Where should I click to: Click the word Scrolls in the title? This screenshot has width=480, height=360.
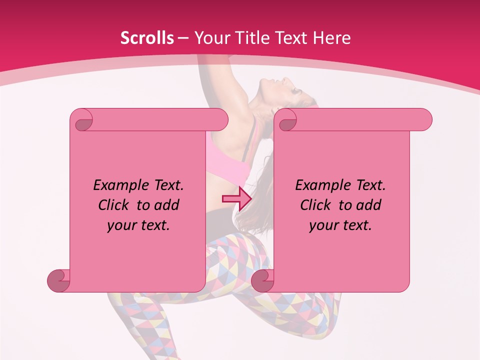point(147,38)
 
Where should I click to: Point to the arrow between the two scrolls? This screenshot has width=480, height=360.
point(236,198)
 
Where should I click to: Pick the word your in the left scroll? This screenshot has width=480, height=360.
point(121,225)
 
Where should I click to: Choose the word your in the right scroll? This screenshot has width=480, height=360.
point(323,225)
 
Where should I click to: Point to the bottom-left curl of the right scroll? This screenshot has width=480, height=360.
point(263,280)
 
